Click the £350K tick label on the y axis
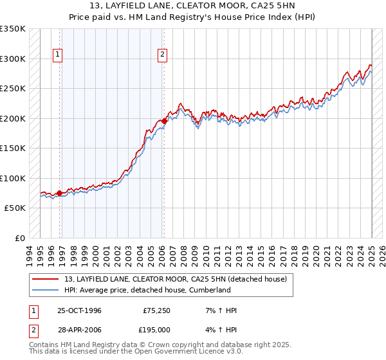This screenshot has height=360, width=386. pyautogui.click(x=13, y=29)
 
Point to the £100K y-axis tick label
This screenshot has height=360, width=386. pyautogui.click(x=13, y=178)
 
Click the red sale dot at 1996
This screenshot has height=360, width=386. pyautogui.click(x=60, y=193)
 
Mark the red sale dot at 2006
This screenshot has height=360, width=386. pyautogui.click(x=164, y=121)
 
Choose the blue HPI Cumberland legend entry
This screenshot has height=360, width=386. pyautogui.click(x=147, y=290)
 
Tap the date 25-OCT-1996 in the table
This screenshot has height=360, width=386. pyautogui.click(x=80, y=310)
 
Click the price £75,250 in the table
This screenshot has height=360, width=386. pyautogui.click(x=157, y=310)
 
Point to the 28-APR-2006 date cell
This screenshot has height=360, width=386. pyautogui.click(x=80, y=329)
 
